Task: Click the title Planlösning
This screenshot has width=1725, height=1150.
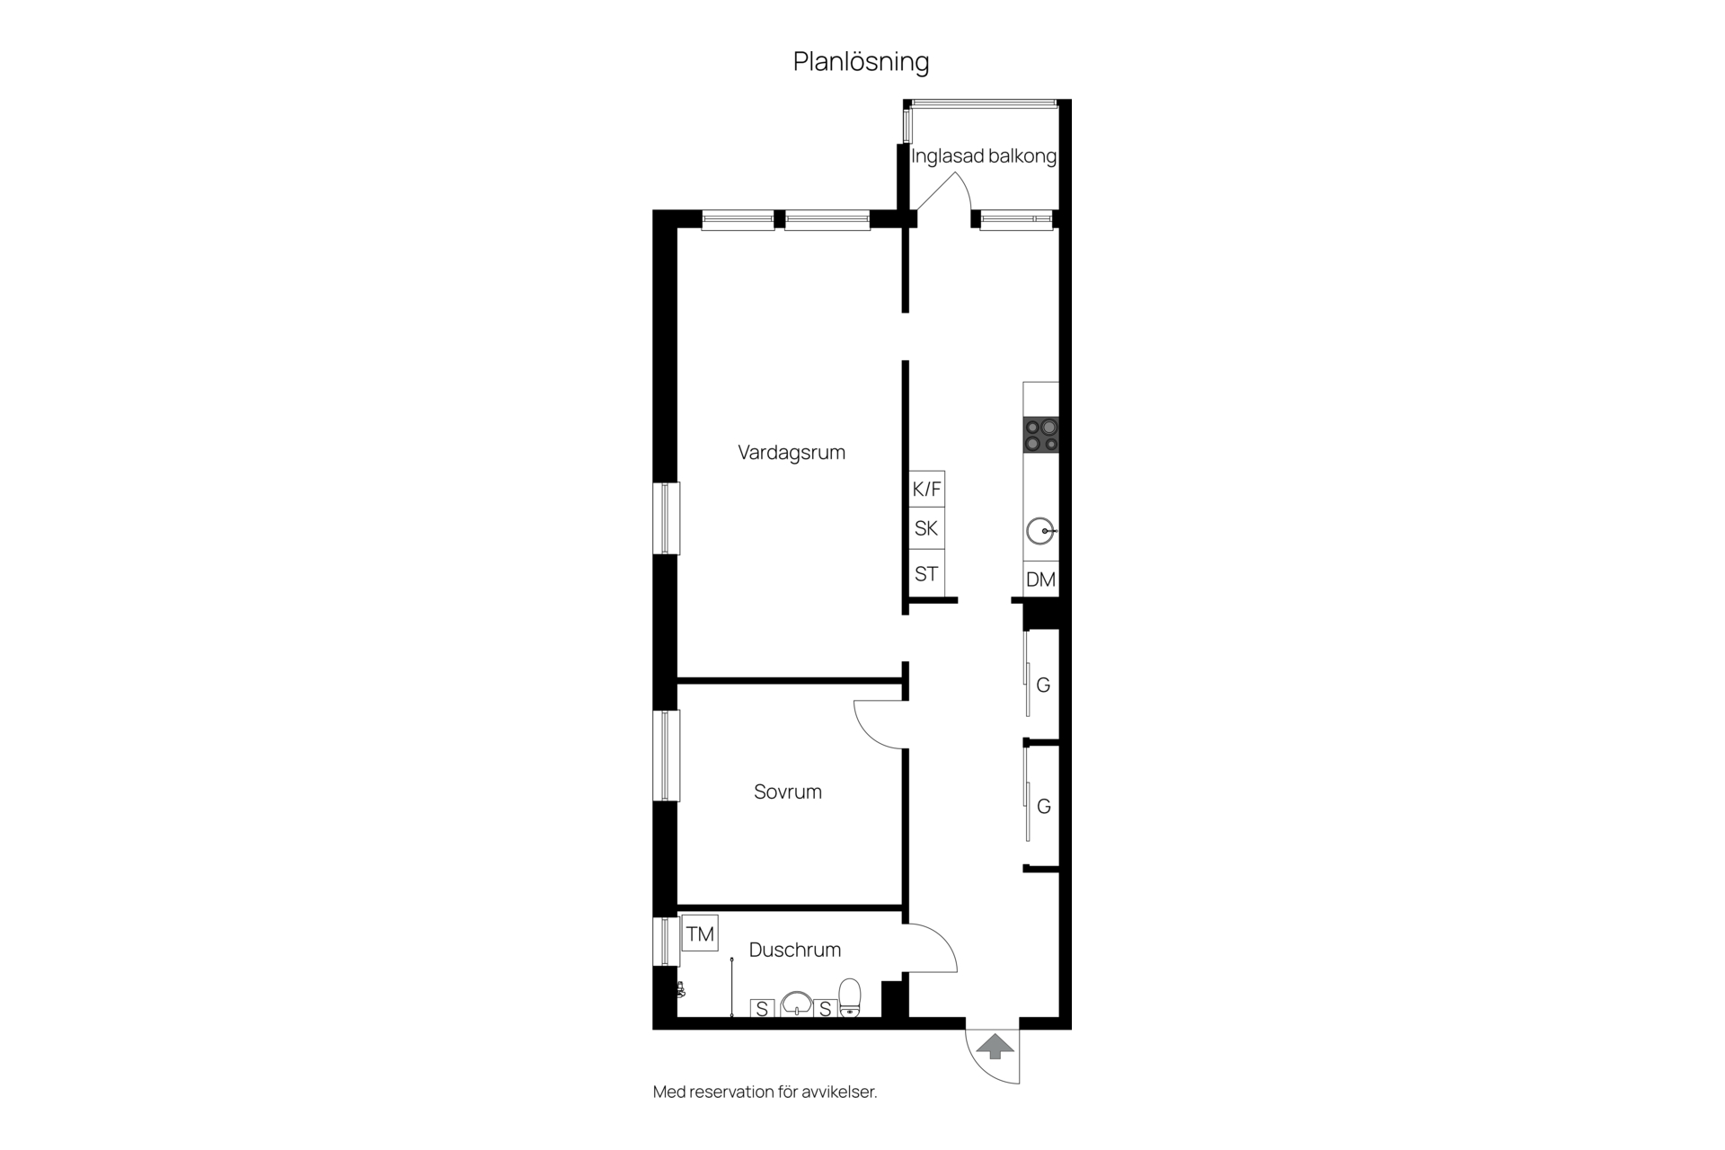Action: click(861, 62)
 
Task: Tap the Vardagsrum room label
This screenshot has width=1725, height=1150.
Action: click(792, 453)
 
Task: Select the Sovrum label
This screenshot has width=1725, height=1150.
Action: click(788, 792)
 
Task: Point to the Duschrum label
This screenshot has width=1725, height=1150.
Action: click(795, 950)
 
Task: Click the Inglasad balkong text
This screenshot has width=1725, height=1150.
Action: click(984, 156)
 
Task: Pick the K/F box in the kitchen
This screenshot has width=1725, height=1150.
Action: click(926, 489)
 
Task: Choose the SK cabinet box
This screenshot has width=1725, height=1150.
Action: click(926, 528)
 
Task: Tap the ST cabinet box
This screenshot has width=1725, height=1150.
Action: click(926, 573)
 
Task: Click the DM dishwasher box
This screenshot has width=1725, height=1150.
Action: click(1040, 579)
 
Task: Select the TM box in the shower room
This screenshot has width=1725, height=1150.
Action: click(700, 933)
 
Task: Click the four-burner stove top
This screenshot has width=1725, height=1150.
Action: click(1041, 435)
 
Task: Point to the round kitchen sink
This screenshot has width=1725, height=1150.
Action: click(1040, 531)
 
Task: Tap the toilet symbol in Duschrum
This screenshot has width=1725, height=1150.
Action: click(850, 997)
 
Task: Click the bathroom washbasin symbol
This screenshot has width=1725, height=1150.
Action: click(797, 1004)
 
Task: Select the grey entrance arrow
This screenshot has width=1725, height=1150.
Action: click(995, 1047)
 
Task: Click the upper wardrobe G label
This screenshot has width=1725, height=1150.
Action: click(1043, 686)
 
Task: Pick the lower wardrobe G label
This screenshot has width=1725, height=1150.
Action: click(1043, 807)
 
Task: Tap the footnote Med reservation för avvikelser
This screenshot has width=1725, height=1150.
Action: click(765, 1092)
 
